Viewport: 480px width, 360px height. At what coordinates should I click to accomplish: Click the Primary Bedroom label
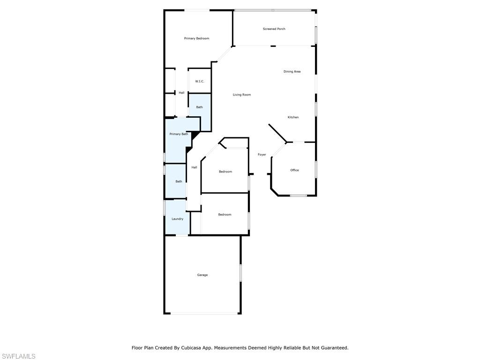(196, 38)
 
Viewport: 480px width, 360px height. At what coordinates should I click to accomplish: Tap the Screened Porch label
(274, 29)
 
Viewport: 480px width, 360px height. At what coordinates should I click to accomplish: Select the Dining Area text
(292, 71)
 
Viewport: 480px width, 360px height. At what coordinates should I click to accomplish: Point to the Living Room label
(242, 95)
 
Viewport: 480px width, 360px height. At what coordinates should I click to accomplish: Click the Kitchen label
(293, 117)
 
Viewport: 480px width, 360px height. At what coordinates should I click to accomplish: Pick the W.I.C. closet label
(200, 81)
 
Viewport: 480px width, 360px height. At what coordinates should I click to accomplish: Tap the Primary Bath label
(179, 134)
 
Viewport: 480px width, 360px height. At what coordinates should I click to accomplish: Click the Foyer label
(262, 155)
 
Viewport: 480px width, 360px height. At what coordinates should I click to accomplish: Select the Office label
(294, 170)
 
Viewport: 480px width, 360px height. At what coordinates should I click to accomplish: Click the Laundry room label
(178, 219)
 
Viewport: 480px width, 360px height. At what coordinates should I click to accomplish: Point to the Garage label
(202, 275)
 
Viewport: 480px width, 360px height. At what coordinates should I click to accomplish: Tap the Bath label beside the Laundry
(179, 181)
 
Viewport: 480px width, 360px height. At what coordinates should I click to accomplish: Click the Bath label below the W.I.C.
(199, 107)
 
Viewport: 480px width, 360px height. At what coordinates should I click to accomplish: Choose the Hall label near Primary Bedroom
(181, 93)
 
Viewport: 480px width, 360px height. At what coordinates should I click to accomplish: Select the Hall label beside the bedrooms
(194, 167)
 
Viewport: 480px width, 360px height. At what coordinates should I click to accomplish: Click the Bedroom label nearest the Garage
(225, 215)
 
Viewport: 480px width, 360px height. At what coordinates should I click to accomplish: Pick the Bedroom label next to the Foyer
(225, 172)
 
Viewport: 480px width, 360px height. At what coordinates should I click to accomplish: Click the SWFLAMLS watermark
(18, 356)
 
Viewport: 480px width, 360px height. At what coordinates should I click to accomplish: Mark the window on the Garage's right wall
(240, 273)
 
